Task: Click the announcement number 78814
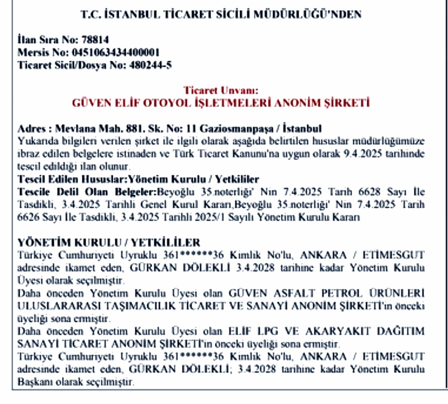coord(95,40)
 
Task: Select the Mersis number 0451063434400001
coord(116,52)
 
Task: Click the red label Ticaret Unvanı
coord(221,91)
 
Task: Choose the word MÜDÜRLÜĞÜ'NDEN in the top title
coord(307,14)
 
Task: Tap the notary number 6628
coord(369,192)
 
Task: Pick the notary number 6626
coord(28,217)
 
